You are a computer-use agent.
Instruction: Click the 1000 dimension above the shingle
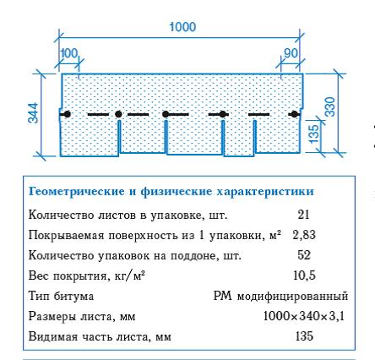(x=182, y=27)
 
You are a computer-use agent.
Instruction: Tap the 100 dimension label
(x=69, y=53)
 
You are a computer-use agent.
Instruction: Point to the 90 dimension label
(x=291, y=53)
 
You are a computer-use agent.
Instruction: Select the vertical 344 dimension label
(x=33, y=113)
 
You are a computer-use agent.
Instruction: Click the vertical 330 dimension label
(x=330, y=106)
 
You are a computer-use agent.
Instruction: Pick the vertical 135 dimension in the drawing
(x=315, y=134)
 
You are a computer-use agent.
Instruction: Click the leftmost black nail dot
(x=67, y=114)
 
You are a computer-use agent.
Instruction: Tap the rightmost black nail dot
(x=294, y=114)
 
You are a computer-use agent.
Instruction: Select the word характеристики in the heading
(x=265, y=192)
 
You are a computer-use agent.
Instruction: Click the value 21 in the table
(x=303, y=215)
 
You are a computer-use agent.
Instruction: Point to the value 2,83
(x=304, y=235)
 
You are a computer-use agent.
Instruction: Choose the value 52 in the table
(x=304, y=255)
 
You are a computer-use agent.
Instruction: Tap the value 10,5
(x=304, y=275)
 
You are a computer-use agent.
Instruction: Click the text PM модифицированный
(x=280, y=296)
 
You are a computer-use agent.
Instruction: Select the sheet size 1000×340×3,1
(x=304, y=316)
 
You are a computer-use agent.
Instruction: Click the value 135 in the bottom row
(x=304, y=336)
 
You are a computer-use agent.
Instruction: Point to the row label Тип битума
(x=61, y=296)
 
